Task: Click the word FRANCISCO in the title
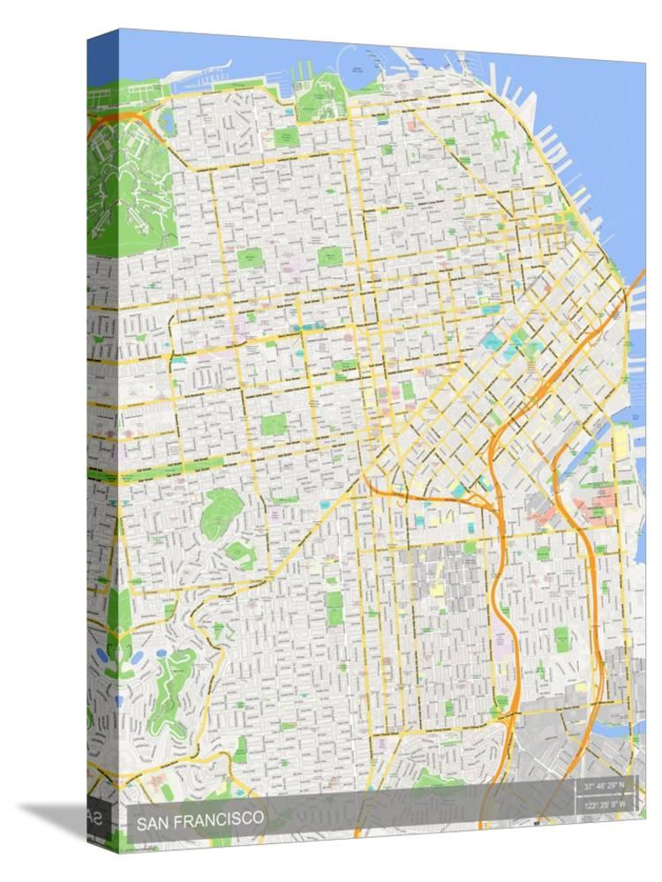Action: [219, 818]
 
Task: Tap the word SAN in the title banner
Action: [153, 819]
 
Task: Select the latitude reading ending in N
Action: [603, 785]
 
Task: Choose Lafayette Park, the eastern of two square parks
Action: [330, 257]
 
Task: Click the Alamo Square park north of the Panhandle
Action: [274, 424]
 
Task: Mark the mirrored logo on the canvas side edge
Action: [93, 817]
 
